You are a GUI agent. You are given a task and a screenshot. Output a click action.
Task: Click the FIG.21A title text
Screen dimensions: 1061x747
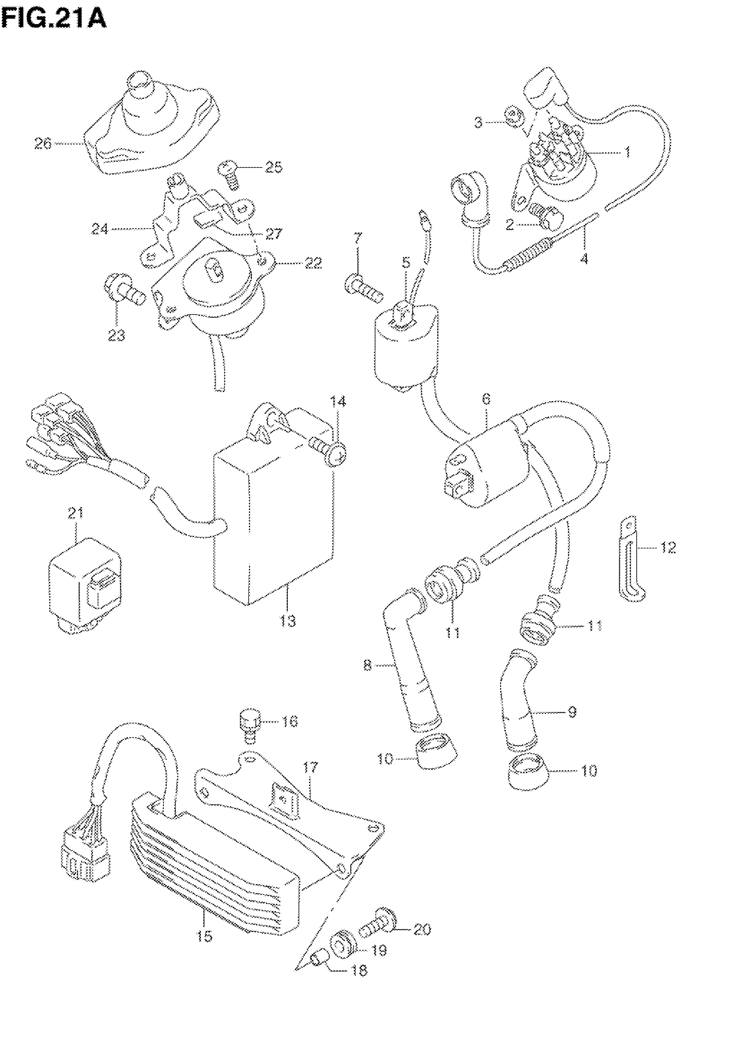tap(54, 19)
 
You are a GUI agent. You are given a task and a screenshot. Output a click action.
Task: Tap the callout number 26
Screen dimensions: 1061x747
tap(43, 144)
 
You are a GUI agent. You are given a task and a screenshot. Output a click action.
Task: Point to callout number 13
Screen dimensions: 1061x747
tap(287, 621)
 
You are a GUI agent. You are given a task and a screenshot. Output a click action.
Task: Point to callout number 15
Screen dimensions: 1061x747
tap(204, 937)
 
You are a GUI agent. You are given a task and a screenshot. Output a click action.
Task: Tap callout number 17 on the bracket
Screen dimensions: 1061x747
tap(310, 768)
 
